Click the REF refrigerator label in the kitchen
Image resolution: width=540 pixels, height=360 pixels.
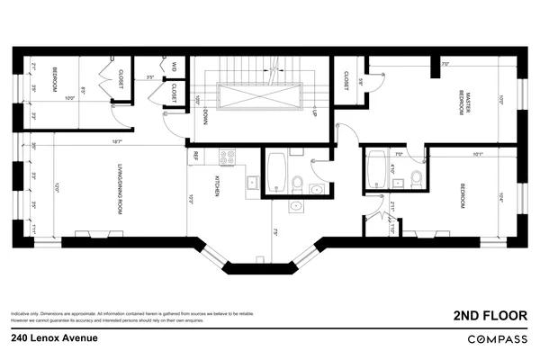click(193, 156)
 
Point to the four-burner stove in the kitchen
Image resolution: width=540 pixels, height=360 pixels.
click(229, 157)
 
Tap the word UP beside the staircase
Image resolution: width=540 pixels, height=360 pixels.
click(314, 114)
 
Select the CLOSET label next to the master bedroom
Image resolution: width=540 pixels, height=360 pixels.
click(346, 81)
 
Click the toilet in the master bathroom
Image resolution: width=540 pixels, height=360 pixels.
click(416, 178)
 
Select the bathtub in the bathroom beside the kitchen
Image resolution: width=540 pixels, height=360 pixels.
click(275, 170)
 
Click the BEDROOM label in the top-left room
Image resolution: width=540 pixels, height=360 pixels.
click(55, 79)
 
